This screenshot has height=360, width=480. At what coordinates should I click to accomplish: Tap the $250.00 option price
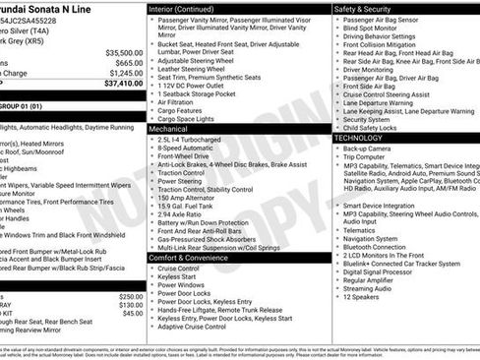(x=131, y=295)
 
